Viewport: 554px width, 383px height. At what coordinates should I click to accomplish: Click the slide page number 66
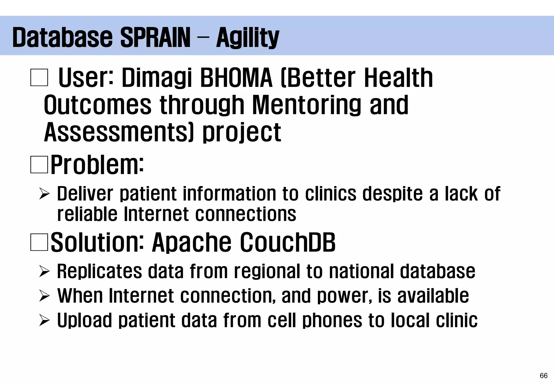tap(543, 375)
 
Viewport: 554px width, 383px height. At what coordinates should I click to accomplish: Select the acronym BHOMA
tap(236, 78)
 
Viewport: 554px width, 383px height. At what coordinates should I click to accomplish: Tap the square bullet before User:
tap(39, 78)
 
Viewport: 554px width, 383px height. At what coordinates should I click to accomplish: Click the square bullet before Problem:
tap(39, 164)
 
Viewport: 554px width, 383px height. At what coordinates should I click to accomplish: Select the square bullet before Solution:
tap(39, 242)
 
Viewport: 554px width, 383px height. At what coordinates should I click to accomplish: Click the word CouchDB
tap(288, 242)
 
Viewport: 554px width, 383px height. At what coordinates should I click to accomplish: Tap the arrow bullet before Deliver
tap(44, 194)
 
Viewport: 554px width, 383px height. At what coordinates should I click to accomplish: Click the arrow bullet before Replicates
tap(44, 271)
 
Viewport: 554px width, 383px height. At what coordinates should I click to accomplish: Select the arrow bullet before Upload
tap(44, 320)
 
